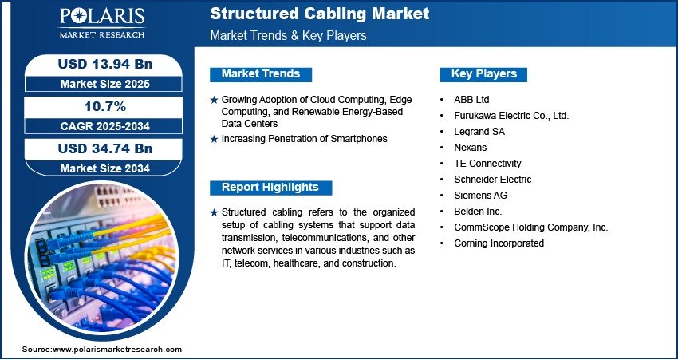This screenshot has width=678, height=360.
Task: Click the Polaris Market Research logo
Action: pyautogui.click(x=102, y=22)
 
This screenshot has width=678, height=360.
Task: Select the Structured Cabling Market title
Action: pyautogui.click(x=320, y=14)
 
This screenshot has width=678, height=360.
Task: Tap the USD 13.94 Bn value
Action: pyautogui.click(x=105, y=64)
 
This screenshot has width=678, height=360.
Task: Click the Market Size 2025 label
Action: pyautogui.click(x=105, y=84)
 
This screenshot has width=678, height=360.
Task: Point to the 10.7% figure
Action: pyautogui.click(x=105, y=106)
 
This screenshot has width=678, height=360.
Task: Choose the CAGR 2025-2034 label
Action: pyautogui.click(x=105, y=126)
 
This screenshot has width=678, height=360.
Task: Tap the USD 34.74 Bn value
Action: pyautogui.click(x=105, y=148)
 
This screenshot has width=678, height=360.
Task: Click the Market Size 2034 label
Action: pyautogui.click(x=105, y=168)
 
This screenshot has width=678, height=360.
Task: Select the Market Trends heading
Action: pyautogui.click(x=261, y=74)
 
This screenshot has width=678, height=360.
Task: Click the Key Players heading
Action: pyautogui.click(x=484, y=74)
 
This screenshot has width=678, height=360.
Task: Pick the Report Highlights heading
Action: pyautogui.click(x=270, y=188)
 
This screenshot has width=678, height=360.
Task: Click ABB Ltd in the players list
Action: pyautogui.click(x=471, y=100)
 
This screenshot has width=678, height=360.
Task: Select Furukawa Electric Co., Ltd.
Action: pyautogui.click(x=511, y=116)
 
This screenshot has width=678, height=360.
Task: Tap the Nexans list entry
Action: pyautogui.click(x=470, y=148)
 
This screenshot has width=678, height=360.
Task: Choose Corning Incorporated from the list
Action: pyautogui.click(x=499, y=243)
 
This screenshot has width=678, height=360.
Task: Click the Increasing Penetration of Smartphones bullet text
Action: pyautogui.click(x=305, y=139)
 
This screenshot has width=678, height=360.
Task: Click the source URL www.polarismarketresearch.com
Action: pyautogui.click(x=117, y=350)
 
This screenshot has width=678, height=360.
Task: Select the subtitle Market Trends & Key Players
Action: pyautogui.click(x=288, y=35)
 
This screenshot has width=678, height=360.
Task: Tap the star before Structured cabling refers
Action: pyautogui.click(x=214, y=212)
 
